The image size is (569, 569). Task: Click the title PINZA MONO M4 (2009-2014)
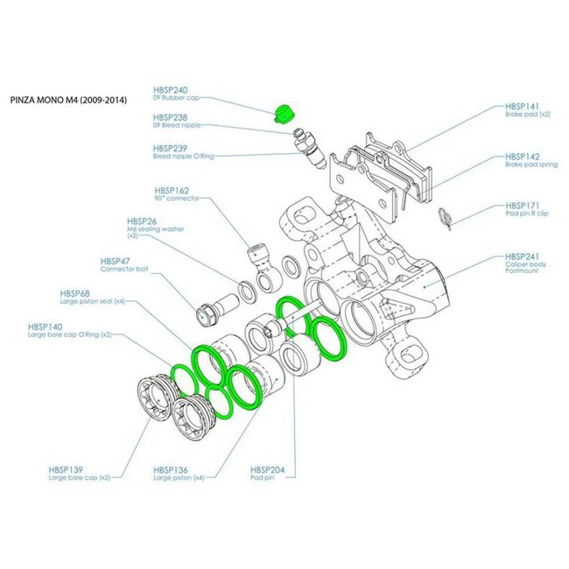tap(67, 101)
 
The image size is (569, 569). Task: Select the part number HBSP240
tap(170, 90)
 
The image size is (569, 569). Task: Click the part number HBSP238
tap(170, 116)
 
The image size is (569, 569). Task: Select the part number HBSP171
tap(523, 203)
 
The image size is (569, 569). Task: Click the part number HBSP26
tap(142, 221)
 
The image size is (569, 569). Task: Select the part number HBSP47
tap(116, 261)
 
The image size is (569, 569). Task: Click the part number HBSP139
tap(67, 469)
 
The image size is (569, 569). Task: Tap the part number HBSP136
tap(170, 469)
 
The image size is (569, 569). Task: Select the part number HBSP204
tap(267, 469)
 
